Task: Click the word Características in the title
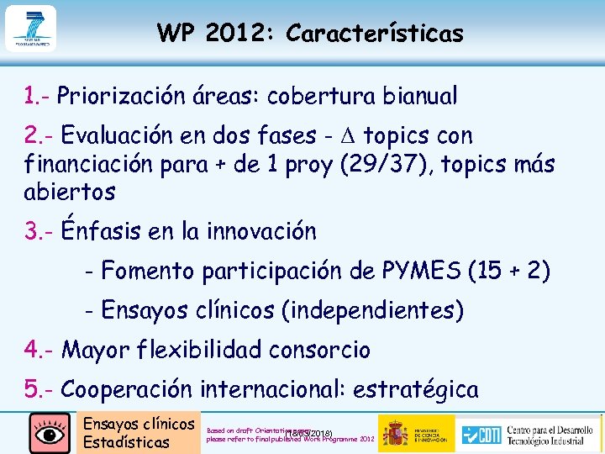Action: pyautogui.click(x=374, y=34)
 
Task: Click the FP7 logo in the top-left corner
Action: pyautogui.click(x=30, y=29)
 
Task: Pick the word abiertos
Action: pyautogui.click(x=70, y=191)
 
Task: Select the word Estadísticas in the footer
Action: pyautogui.click(x=126, y=442)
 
